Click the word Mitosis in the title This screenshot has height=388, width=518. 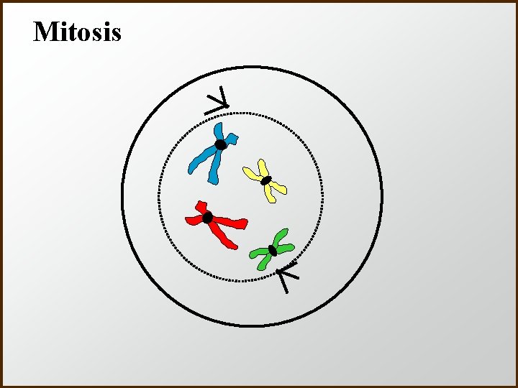(x=77, y=32)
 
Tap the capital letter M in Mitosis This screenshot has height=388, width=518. (x=45, y=32)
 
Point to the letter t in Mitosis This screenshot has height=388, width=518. (x=68, y=32)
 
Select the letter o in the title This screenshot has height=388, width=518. (x=79, y=34)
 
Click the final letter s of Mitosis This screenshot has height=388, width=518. (x=115, y=34)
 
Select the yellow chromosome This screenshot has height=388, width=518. (x=265, y=180)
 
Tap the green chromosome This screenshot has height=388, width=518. (x=272, y=249)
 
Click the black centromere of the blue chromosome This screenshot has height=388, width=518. (x=221, y=144)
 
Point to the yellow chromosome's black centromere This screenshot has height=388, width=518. (x=265, y=180)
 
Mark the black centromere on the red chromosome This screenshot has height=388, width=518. (x=207, y=217)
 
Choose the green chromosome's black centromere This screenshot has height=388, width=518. (x=272, y=250)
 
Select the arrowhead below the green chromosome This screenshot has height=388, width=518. (x=286, y=275)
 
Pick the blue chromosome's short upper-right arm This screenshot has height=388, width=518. (x=231, y=137)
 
